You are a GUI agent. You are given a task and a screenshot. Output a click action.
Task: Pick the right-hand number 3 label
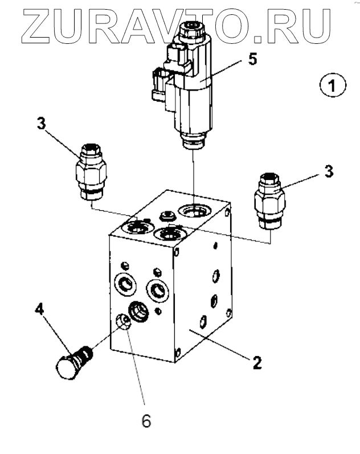pos(329,171)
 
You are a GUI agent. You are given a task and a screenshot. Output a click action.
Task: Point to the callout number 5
pos(253,59)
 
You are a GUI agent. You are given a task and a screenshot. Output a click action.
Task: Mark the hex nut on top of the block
pos(167,216)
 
